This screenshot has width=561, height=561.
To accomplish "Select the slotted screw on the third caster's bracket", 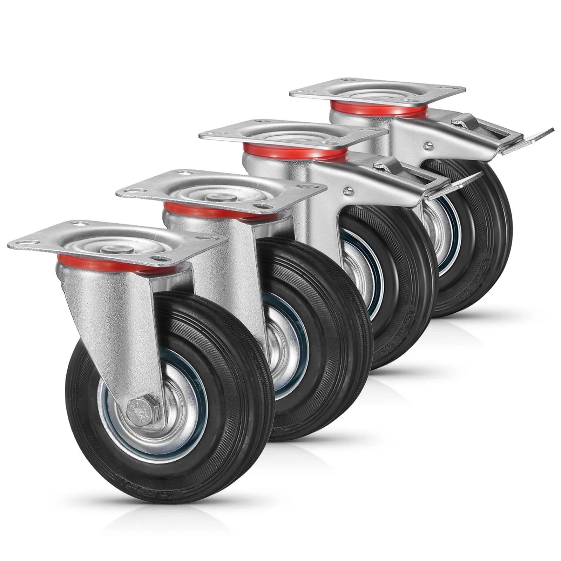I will (349, 191).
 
